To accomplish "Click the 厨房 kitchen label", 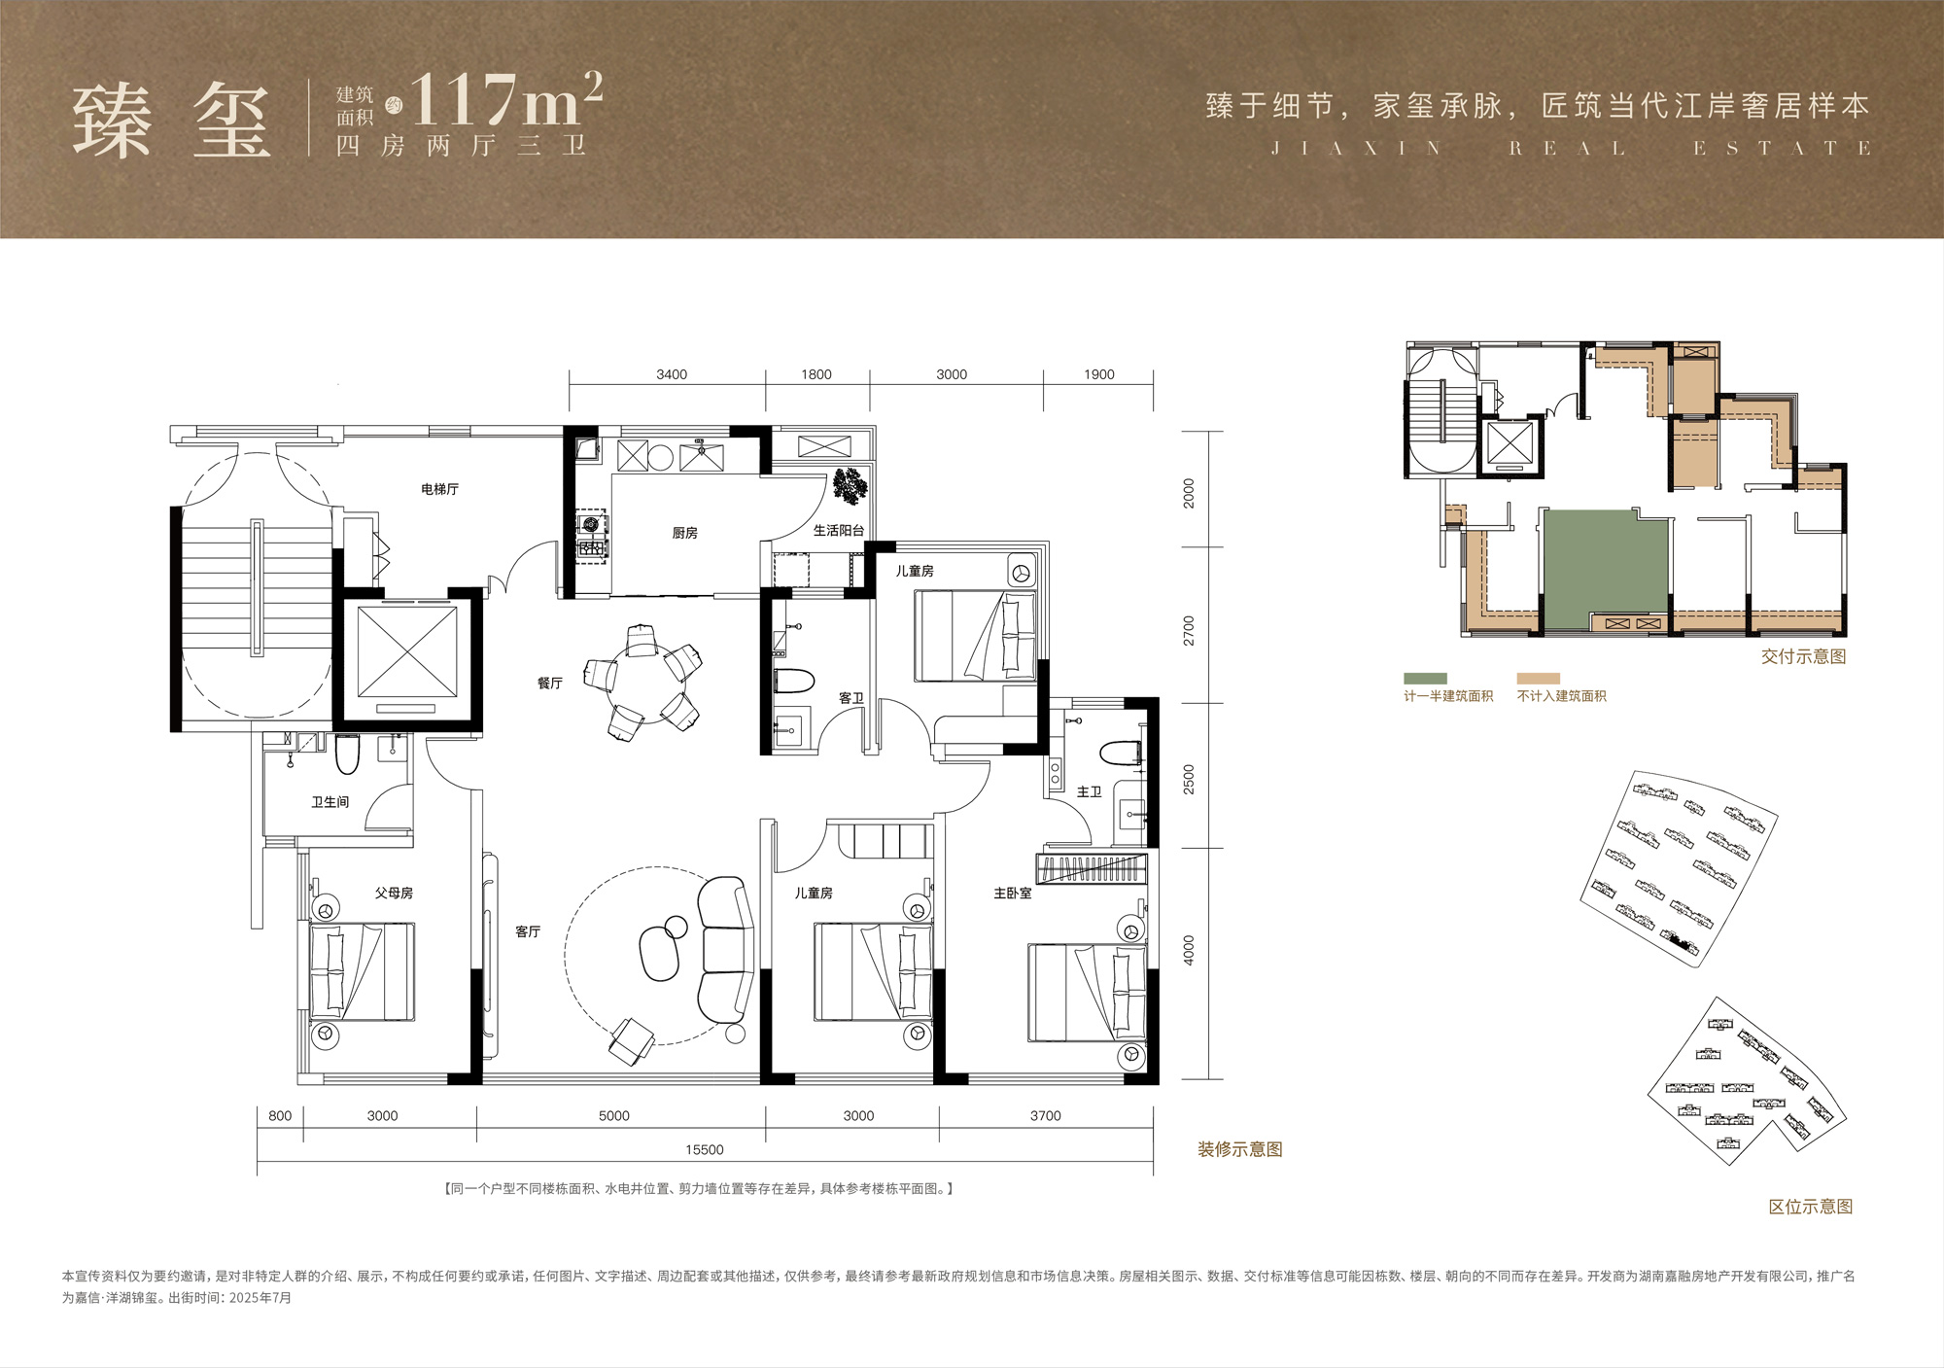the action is [x=684, y=533].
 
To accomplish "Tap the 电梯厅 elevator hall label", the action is [x=439, y=489].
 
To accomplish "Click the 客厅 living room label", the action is [x=528, y=931].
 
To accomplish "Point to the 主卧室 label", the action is [x=1012, y=893].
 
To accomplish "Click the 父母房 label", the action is [x=394, y=893].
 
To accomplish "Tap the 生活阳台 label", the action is [x=838, y=531].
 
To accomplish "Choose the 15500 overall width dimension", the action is [x=705, y=1149].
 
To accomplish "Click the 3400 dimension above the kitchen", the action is [x=672, y=374].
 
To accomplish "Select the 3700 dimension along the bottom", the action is [x=1046, y=1115].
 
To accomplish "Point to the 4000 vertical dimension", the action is [x=1189, y=950].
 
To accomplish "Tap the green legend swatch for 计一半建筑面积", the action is [x=1425, y=679].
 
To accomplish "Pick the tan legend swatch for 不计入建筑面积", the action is [x=1538, y=679].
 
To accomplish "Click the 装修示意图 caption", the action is [x=1240, y=1149].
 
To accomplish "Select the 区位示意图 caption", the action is [x=1811, y=1207].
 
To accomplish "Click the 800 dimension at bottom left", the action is [x=280, y=1115].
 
